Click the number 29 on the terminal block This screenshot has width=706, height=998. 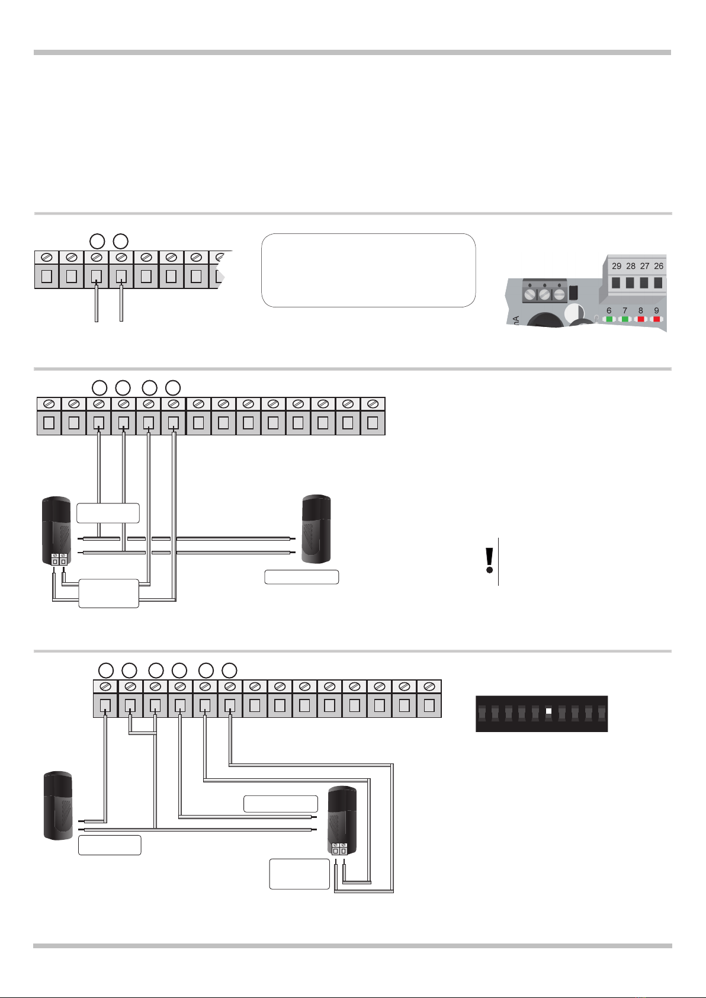tap(617, 266)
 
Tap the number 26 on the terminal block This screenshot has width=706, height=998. tap(659, 266)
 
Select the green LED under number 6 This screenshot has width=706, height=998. tap(609, 319)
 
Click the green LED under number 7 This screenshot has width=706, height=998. tap(625, 319)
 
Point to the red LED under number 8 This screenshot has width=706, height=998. tap(641, 319)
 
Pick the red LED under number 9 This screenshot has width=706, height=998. tap(657, 319)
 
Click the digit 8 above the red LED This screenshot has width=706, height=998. tap(641, 310)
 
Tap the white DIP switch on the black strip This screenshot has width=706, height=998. tap(549, 711)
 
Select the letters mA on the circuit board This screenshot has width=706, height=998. tap(515, 322)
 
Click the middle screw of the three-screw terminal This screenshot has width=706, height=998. tap(544, 293)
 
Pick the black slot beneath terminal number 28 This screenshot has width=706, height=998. tap(630, 283)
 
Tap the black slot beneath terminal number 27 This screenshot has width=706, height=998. tap(644, 283)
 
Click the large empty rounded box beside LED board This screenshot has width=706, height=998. tap(368, 270)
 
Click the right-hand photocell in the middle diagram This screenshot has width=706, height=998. tap(316, 528)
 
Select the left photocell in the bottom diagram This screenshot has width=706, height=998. tap(59, 804)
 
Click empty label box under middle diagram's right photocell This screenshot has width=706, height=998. tap(301, 577)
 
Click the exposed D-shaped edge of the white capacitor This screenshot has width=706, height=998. tap(573, 314)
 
